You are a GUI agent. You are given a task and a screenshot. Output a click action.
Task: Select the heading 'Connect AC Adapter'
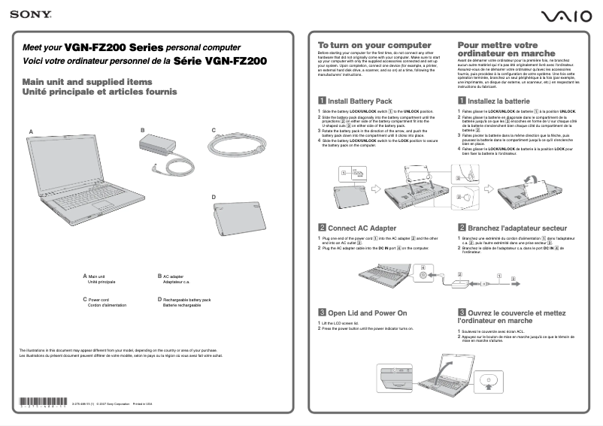[362, 228]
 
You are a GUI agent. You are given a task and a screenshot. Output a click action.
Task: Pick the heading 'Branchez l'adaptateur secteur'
[517, 228]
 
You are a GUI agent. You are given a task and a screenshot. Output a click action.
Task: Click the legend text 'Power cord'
[98, 299]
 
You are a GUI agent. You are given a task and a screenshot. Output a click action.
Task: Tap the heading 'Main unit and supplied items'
[87, 81]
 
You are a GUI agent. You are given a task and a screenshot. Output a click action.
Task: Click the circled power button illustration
[487, 382]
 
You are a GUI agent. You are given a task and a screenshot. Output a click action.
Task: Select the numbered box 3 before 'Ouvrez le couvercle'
[462, 313]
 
